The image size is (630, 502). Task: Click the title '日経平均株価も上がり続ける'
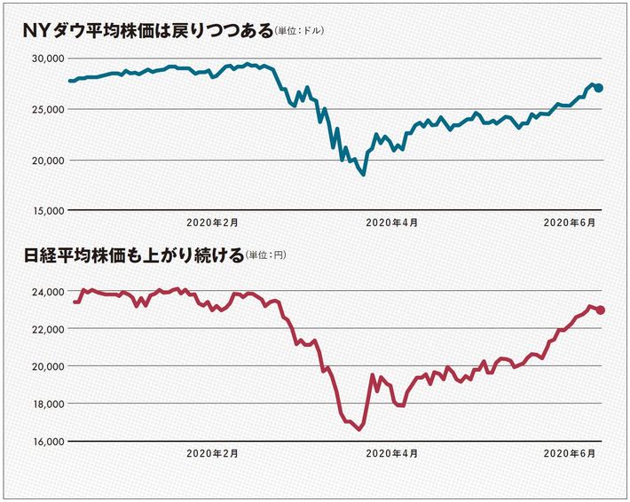(133, 256)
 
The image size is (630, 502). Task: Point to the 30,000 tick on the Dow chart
(41, 59)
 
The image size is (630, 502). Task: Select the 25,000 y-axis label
(41, 109)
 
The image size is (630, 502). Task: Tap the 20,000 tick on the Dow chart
(41, 161)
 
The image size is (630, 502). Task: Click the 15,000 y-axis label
(41, 211)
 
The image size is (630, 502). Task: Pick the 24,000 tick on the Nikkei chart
(41, 292)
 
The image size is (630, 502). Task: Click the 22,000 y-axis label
(41, 329)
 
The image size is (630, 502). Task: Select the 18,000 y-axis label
(41, 404)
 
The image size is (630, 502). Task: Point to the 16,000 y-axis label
(41, 441)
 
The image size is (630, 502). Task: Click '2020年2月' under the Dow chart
(213, 224)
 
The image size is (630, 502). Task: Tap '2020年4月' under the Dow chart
(391, 224)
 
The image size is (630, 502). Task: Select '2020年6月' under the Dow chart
(570, 224)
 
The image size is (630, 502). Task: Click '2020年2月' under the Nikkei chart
(213, 453)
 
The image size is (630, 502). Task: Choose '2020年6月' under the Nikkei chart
(570, 453)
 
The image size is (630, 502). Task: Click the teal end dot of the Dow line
(600, 88)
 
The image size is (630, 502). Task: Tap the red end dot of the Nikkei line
(601, 310)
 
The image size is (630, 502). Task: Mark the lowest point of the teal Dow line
(363, 174)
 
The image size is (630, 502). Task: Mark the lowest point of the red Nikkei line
(359, 429)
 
